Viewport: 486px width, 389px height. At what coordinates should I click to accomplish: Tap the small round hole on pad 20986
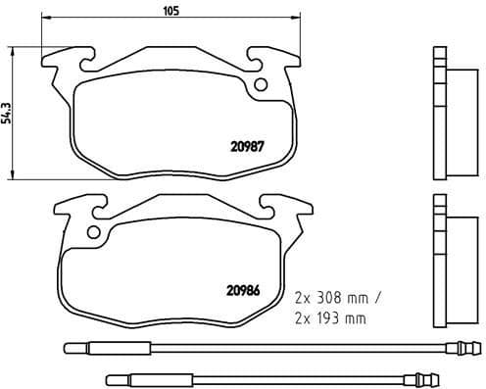pos(95,233)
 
